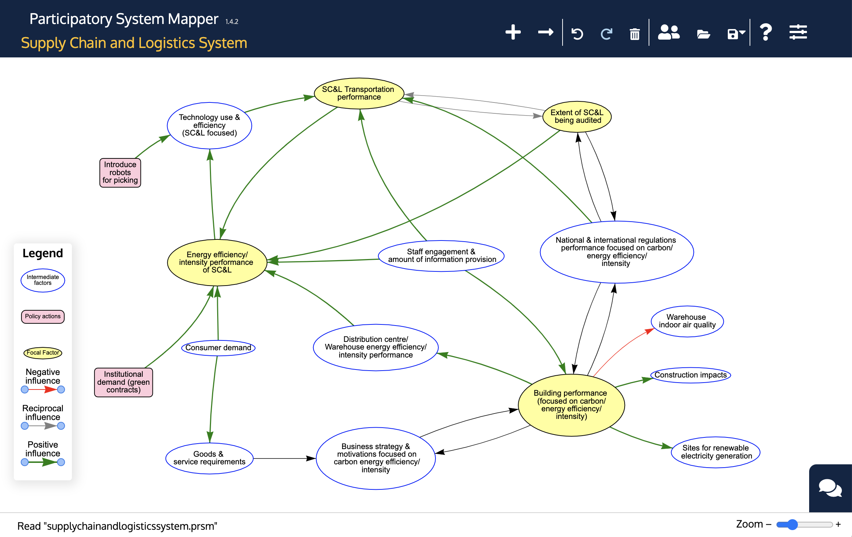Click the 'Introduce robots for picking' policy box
(x=120, y=173)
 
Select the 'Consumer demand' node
(x=218, y=348)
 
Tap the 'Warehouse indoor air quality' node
(x=687, y=321)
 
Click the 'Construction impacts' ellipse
(x=690, y=375)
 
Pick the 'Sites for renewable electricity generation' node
(x=716, y=452)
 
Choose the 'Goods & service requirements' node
(x=209, y=458)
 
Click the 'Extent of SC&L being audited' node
(x=577, y=117)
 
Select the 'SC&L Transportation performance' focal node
(x=359, y=93)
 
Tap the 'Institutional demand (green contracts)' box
(x=123, y=382)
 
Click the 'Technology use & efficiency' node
(x=210, y=125)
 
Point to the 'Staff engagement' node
(x=441, y=256)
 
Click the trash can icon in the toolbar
(x=635, y=34)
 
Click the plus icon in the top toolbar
(x=513, y=32)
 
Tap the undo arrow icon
(x=577, y=34)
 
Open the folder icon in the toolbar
(x=703, y=35)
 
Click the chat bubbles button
(x=830, y=488)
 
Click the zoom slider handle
(x=792, y=524)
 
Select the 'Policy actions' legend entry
(x=43, y=316)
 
